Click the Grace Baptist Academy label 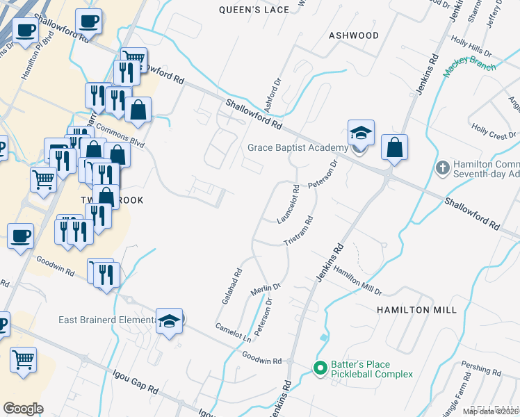298,147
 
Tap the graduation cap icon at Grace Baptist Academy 361,132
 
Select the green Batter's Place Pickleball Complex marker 320,368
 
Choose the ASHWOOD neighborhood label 354,35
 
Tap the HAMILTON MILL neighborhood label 416,309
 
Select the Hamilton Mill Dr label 357,279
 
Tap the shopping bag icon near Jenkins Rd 394,147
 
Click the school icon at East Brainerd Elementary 169,321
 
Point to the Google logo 23,409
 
